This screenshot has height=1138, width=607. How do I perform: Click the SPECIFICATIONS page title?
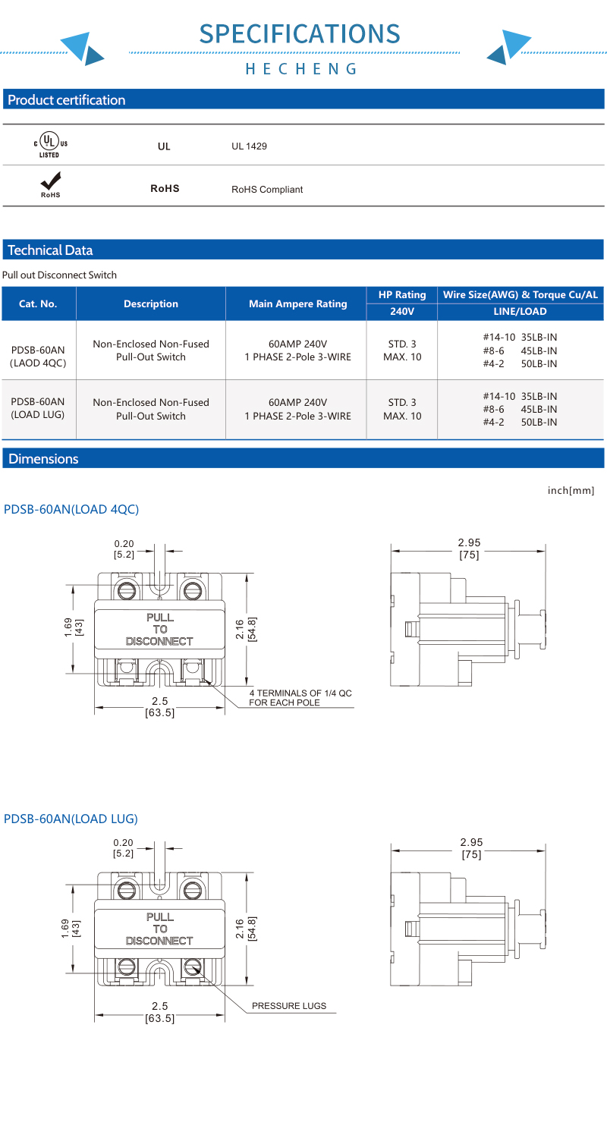300,33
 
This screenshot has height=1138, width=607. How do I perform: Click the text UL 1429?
249,146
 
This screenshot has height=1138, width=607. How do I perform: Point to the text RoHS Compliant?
267,189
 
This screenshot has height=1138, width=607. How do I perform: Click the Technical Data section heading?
49,250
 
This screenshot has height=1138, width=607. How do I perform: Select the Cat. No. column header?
37,304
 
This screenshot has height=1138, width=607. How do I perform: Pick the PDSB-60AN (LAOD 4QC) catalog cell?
37,356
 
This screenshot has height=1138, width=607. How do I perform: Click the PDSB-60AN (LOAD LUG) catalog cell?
37,408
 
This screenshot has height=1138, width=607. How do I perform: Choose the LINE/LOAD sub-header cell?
521,311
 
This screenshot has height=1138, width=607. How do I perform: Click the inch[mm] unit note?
571,491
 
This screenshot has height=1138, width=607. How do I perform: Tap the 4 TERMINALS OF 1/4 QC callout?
300,698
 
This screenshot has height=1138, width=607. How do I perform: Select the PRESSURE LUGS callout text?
288,1006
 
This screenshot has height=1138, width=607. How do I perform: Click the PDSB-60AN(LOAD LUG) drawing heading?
71,819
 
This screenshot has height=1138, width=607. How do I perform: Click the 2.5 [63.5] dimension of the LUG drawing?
159,1012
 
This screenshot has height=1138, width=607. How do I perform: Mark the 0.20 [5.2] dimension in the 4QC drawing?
124,549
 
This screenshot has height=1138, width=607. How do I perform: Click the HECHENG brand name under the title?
300,69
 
